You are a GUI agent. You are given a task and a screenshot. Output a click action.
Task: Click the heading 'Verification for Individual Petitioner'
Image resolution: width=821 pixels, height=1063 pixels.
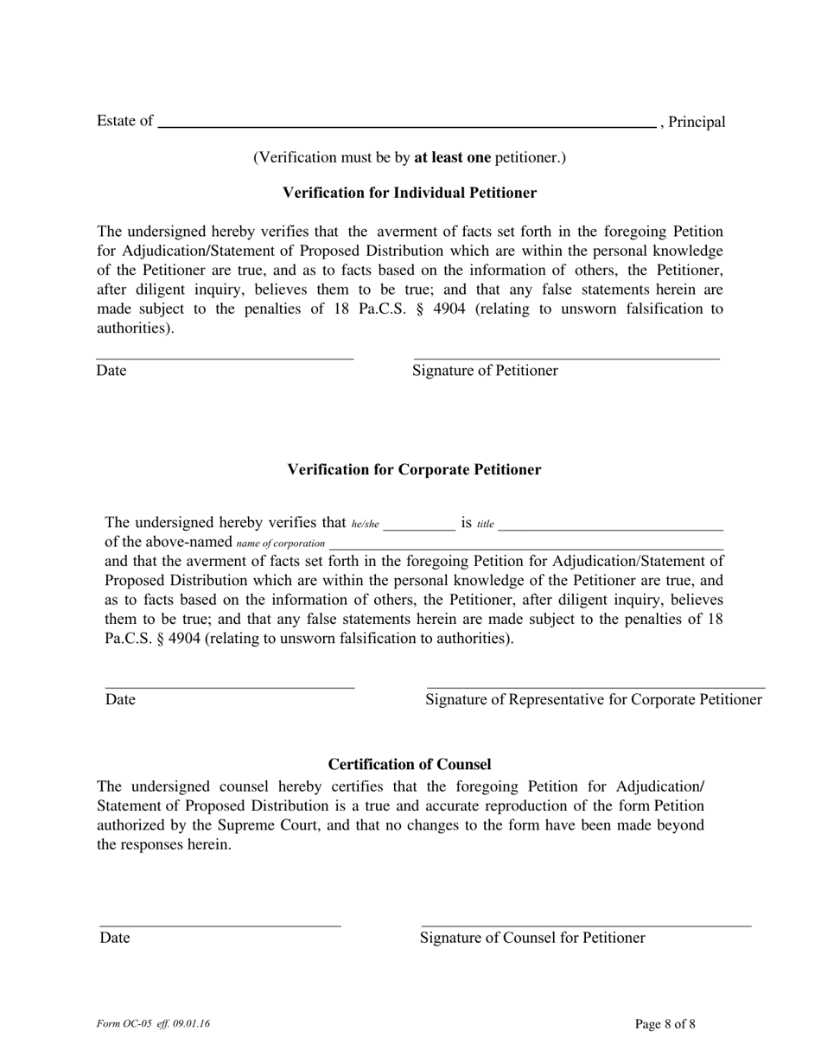[410, 193]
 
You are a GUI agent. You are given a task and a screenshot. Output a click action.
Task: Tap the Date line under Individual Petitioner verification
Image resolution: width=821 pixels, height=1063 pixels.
[225, 356]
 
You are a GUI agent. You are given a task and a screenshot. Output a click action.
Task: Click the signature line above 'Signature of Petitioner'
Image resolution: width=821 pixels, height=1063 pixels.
[566, 356]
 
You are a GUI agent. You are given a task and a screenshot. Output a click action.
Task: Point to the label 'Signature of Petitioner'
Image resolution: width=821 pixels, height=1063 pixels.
[485, 371]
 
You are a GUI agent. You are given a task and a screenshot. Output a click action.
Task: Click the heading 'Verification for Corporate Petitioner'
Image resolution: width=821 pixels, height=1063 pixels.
[414, 469]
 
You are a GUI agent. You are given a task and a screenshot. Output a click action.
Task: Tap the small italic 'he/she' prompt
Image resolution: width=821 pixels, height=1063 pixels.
[365, 524]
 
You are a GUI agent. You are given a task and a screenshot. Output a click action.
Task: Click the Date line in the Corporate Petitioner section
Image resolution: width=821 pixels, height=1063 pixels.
[230, 686]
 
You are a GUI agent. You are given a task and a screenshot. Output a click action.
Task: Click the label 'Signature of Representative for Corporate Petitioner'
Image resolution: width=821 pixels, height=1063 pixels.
[594, 699]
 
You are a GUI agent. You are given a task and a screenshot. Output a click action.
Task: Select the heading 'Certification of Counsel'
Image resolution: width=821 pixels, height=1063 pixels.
[410, 764]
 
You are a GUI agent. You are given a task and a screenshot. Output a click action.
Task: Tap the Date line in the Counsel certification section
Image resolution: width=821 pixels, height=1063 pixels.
[220, 925]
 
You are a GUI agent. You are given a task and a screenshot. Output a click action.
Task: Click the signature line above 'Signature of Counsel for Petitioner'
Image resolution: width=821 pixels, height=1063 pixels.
[585, 925]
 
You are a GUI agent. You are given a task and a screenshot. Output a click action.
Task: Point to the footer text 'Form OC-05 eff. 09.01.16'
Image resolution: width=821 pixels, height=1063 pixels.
[153, 1024]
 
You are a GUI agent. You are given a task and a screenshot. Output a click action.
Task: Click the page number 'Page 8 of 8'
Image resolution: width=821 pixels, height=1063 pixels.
[665, 1024]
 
